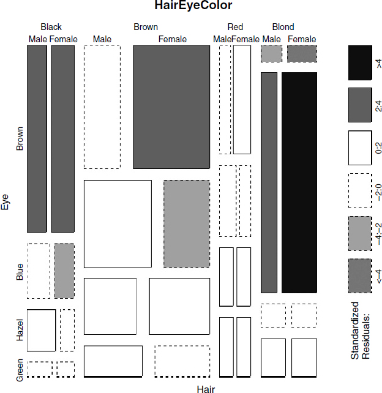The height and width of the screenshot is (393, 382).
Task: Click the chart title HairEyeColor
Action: [193, 6]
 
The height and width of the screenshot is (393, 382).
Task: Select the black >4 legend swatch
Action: [360, 62]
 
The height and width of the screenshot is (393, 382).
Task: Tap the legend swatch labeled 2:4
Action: [360, 105]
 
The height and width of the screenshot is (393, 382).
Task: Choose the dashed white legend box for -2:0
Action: [360, 190]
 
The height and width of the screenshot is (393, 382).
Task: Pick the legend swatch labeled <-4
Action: [360, 275]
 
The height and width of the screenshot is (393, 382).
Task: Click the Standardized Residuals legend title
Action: [360, 331]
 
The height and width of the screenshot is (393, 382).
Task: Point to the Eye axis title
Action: [5, 202]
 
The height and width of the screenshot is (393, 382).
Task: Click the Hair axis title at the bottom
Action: [206, 389]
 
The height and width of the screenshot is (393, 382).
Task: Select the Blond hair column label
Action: [283, 27]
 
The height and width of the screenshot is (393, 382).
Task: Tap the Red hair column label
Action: [235, 27]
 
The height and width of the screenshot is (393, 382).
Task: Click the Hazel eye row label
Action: [20, 330]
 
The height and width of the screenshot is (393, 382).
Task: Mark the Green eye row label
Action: [20, 370]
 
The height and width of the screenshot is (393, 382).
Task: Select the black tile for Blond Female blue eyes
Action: [299, 182]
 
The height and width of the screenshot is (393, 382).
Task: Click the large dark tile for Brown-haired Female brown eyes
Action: [171, 107]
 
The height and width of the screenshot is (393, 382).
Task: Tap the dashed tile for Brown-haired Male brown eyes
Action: [102, 107]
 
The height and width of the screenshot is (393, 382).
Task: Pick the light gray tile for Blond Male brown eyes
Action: [271, 54]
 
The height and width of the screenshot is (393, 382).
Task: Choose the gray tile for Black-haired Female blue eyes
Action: [64, 271]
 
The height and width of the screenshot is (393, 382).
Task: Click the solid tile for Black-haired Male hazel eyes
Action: [42, 331]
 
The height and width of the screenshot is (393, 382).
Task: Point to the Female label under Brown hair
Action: [173, 39]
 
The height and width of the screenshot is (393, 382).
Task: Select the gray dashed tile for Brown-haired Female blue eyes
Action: [187, 224]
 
